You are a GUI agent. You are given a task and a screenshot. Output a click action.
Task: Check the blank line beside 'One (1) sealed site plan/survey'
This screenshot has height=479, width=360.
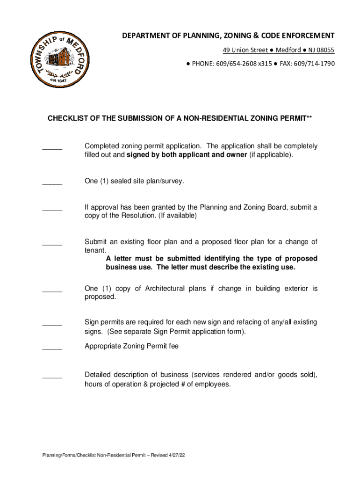point(52,183)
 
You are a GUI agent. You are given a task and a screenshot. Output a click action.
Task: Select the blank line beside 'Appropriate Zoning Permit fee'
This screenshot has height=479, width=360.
point(52,349)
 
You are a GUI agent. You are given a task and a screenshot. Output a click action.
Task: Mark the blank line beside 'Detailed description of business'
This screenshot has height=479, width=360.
point(52,377)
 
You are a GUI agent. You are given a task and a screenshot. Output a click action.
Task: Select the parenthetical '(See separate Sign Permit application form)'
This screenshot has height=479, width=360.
point(176,332)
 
